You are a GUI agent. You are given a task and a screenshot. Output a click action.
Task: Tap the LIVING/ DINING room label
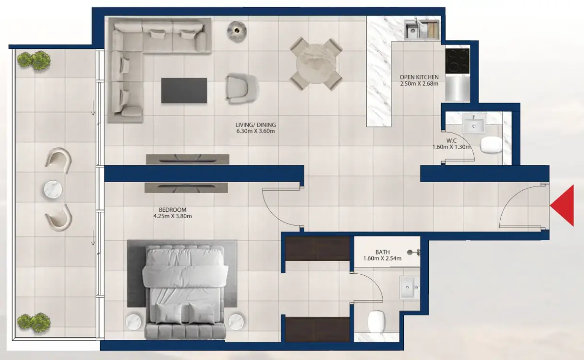(x=255, y=125)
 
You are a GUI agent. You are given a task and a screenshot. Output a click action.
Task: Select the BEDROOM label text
(x=172, y=210)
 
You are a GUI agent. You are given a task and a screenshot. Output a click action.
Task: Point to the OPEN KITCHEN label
(x=419, y=77)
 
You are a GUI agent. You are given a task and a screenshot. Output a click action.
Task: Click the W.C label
(x=451, y=140)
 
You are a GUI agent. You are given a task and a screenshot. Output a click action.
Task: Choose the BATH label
(x=382, y=252)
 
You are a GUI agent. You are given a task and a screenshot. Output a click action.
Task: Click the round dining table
(x=316, y=64)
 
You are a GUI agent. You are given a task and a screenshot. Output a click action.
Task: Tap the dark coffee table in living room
(x=184, y=90)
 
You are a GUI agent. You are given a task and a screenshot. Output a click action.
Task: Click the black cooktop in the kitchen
(x=458, y=61)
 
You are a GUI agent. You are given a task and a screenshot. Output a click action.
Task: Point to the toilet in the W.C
(x=491, y=145)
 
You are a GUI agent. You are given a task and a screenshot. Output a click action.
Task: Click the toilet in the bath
(x=377, y=321)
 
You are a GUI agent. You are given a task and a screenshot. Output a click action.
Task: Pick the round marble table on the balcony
(x=53, y=189)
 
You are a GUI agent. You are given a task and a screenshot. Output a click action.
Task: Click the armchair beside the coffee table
(x=242, y=89)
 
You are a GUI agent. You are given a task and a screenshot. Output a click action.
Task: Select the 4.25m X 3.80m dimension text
(x=172, y=216)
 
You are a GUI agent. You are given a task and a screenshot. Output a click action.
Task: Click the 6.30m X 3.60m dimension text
(x=255, y=131)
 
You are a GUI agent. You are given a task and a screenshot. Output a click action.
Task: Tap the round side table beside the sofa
(x=237, y=31)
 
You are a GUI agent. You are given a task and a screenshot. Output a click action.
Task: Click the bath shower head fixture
(x=414, y=252)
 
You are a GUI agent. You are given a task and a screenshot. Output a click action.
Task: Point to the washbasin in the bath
(x=407, y=288)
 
